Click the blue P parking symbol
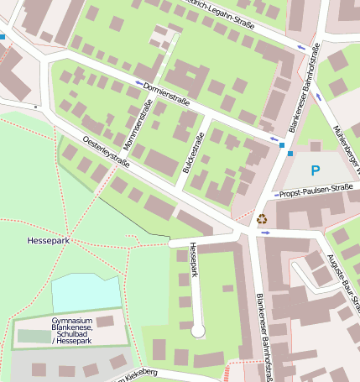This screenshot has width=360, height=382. coord(316,170)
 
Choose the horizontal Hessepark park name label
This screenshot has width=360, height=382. coord(47,241)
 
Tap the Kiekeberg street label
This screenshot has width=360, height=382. coord(136,372)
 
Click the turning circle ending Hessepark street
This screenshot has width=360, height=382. coord(198,332)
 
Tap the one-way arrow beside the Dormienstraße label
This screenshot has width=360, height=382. coord(138,82)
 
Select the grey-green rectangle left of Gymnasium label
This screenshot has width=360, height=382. coord(34,336)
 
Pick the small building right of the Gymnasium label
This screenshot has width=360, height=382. coord(105,321)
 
